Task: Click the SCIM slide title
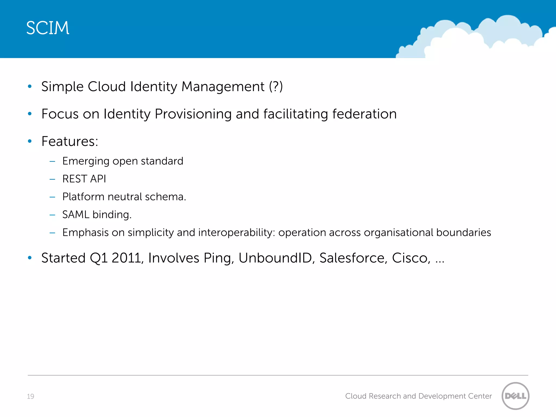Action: click(48, 28)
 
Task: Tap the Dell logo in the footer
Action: click(515, 396)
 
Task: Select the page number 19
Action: click(30, 396)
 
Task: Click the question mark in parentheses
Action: click(276, 87)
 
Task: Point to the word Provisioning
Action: click(193, 114)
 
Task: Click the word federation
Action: click(364, 114)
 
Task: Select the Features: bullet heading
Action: click(70, 141)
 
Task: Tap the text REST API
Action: click(84, 179)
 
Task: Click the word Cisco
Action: click(410, 258)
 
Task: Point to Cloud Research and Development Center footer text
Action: click(418, 396)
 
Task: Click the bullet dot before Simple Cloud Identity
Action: click(30, 87)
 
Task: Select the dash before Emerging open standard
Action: click(52, 162)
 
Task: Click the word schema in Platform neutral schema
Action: click(165, 197)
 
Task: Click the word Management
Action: click(223, 87)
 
